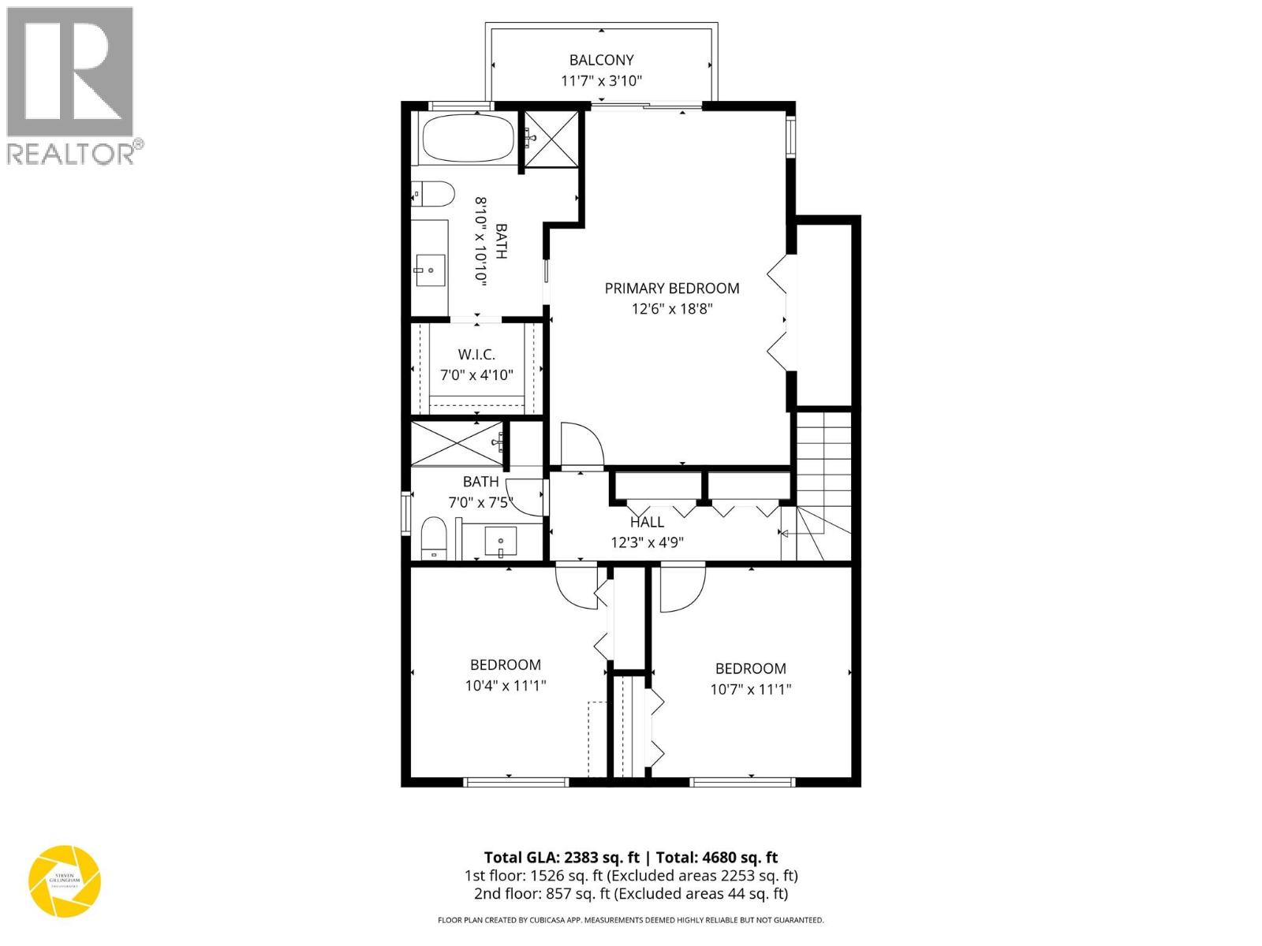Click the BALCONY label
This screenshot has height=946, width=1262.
pos(602,60)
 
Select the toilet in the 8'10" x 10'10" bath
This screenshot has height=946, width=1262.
pos(433,194)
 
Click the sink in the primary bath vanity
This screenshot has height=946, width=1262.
pos(430,270)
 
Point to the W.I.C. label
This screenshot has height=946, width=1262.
pos(476,355)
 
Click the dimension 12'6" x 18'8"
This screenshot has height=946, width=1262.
pos(672,309)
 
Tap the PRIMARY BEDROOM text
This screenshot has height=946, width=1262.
pos(672,289)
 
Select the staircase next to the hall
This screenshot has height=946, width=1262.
pos(824,481)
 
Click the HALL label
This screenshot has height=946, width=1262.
pos(647,522)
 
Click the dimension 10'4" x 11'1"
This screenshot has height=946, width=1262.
pos(506,686)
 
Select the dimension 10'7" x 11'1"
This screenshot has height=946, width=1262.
pos(750,689)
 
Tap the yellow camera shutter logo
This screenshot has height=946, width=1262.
pos(65,881)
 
